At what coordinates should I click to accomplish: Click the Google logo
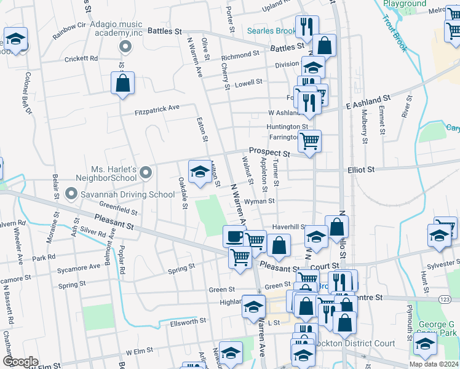(x=20, y=362)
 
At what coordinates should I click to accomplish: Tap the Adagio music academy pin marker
(x=125, y=46)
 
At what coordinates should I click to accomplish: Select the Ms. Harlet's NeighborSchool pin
(x=145, y=173)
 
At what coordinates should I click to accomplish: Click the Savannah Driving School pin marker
(x=71, y=194)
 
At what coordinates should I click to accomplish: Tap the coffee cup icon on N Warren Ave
(x=234, y=236)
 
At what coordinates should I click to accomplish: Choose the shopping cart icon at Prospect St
(x=309, y=141)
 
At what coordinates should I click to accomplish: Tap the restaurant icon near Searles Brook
(x=306, y=26)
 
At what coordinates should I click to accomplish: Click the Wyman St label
(x=258, y=201)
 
